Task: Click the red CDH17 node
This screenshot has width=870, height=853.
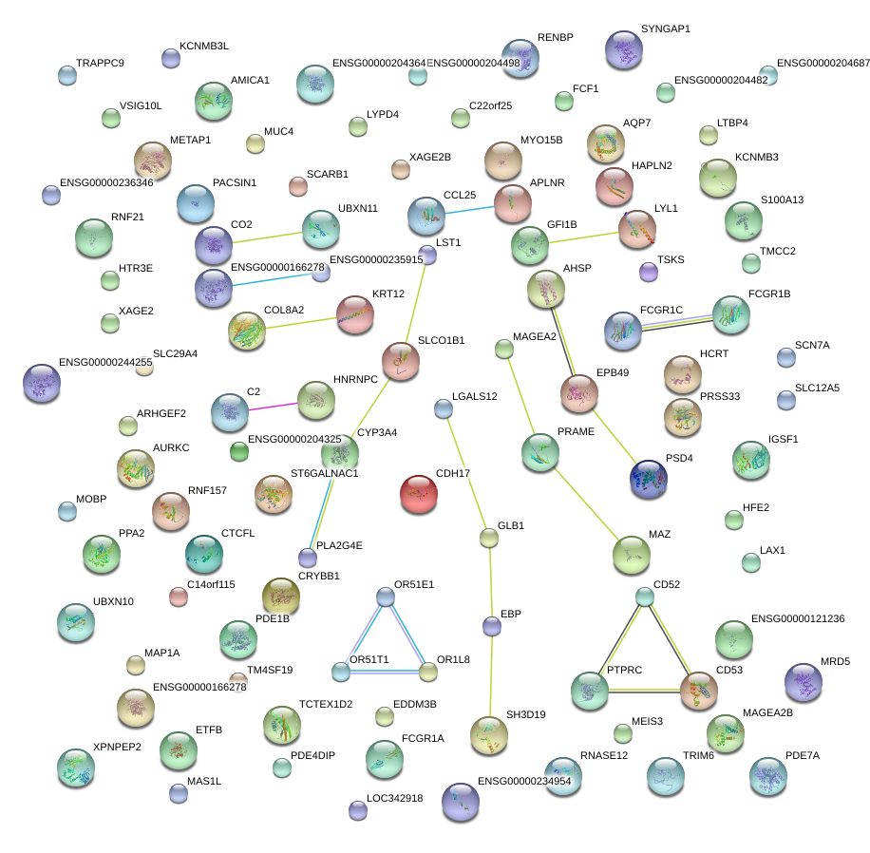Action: pyautogui.click(x=419, y=494)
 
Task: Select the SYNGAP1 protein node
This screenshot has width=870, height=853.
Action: pyautogui.click(x=624, y=49)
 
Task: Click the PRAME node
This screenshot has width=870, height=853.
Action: pyautogui.click(x=540, y=452)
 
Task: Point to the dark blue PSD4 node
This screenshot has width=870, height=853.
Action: pyautogui.click(x=648, y=478)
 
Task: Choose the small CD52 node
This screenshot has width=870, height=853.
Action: pyautogui.click(x=645, y=597)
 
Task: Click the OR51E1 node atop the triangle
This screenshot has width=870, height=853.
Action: pyautogui.click(x=385, y=597)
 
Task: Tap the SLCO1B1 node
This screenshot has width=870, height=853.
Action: pyautogui.click(x=401, y=361)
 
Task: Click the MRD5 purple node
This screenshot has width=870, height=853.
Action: pyautogui.click(x=804, y=682)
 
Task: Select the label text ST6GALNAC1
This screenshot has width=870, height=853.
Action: pyautogui.click(x=324, y=473)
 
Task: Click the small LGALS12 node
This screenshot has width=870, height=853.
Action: pyautogui.click(x=443, y=408)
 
